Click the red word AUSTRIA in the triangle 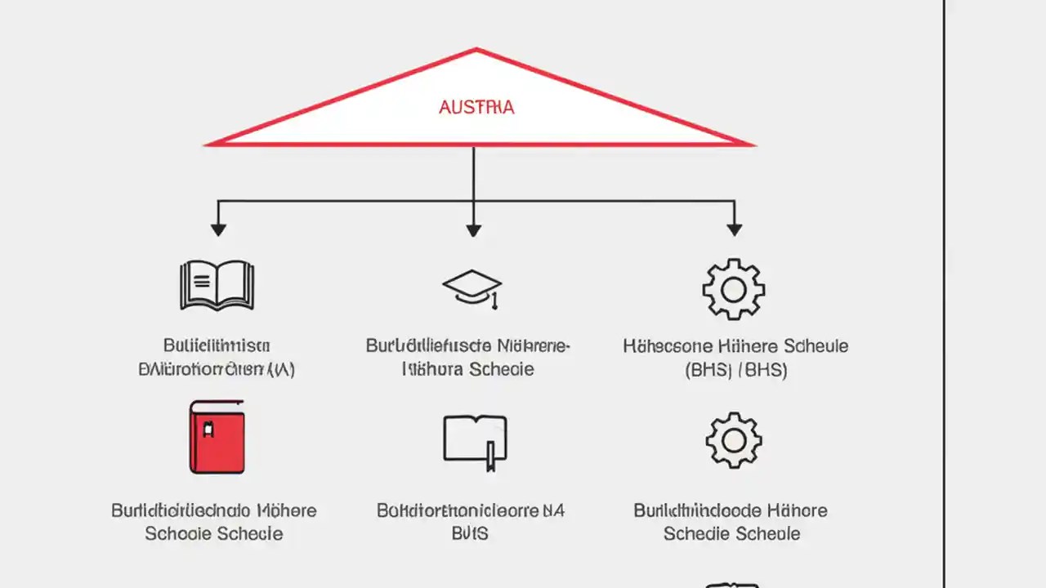click(x=476, y=107)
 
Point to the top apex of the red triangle click(x=476, y=50)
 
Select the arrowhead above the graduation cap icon click(x=473, y=229)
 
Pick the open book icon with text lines click(x=217, y=285)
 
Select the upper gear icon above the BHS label click(x=733, y=288)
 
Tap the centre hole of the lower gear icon click(x=733, y=441)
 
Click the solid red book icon click(x=217, y=437)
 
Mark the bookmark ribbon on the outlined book click(x=490, y=457)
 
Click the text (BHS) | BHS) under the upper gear click(x=735, y=370)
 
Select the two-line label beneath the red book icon click(x=214, y=522)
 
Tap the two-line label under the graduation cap click(x=468, y=357)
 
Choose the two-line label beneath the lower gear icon click(x=731, y=522)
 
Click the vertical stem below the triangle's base click(x=473, y=171)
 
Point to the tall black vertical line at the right click(x=945, y=294)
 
